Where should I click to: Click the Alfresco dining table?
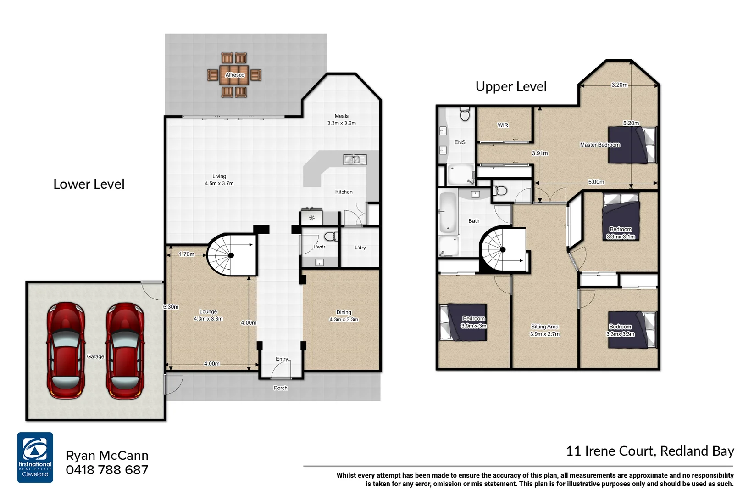(234, 75)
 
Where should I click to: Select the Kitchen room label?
(344, 192)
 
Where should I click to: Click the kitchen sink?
(355, 159)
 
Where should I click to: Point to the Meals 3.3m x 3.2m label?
(341, 119)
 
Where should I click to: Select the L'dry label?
(360, 248)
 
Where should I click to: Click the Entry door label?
(282, 359)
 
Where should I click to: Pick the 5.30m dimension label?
(171, 307)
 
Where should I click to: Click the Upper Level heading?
(510, 86)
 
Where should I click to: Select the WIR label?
(503, 125)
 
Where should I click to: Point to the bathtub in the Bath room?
(448, 212)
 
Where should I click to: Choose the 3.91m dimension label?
(539, 153)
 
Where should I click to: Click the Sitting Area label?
(544, 330)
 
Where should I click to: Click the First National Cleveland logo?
(35, 457)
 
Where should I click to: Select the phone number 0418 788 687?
(107, 470)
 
